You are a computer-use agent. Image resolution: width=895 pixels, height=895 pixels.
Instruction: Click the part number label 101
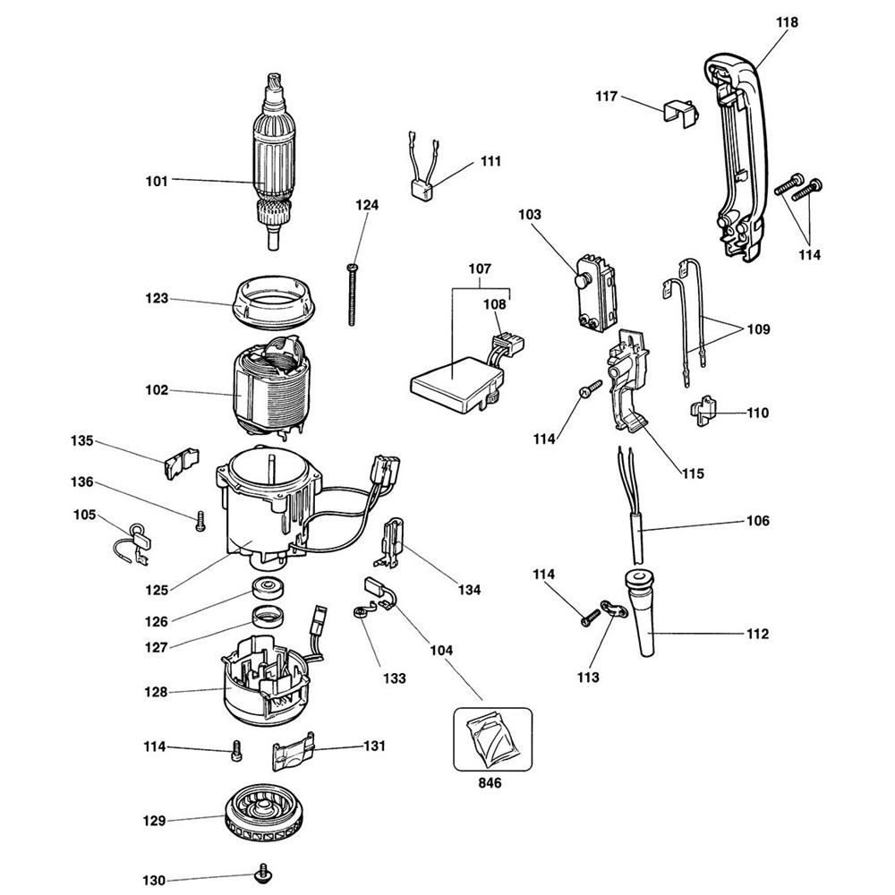click(x=157, y=181)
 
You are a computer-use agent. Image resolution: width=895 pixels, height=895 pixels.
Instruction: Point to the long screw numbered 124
click(x=354, y=295)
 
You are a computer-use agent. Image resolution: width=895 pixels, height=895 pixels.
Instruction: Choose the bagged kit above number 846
click(x=491, y=738)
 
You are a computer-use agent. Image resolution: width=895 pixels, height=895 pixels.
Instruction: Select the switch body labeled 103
click(x=592, y=286)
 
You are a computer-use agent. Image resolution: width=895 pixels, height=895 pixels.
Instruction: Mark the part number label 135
click(x=82, y=440)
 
